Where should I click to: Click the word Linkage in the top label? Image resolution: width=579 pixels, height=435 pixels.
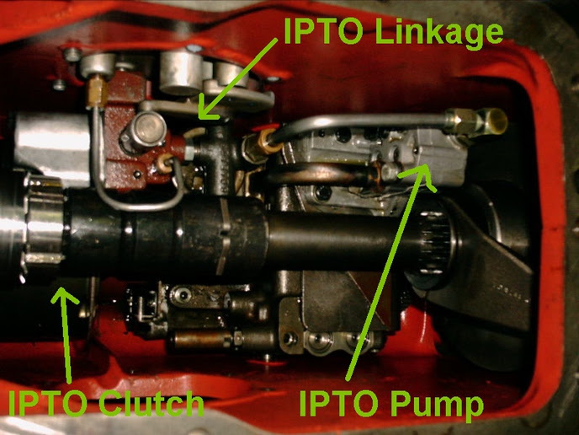coord(439,33)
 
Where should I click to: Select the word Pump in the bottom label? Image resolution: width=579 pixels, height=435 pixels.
coord(437,405)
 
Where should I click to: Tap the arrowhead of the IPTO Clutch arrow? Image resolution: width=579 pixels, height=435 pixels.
coord(63,296)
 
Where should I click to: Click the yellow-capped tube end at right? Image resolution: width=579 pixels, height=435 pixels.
coord(497,121)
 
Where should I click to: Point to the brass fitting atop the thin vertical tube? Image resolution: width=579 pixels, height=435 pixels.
coord(97,91)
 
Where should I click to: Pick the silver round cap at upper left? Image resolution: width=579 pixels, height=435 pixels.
coord(98,65)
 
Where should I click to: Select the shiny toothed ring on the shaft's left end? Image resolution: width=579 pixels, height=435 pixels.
coord(45,221)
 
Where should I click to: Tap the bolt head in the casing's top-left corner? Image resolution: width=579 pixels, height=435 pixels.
coord(72,54)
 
